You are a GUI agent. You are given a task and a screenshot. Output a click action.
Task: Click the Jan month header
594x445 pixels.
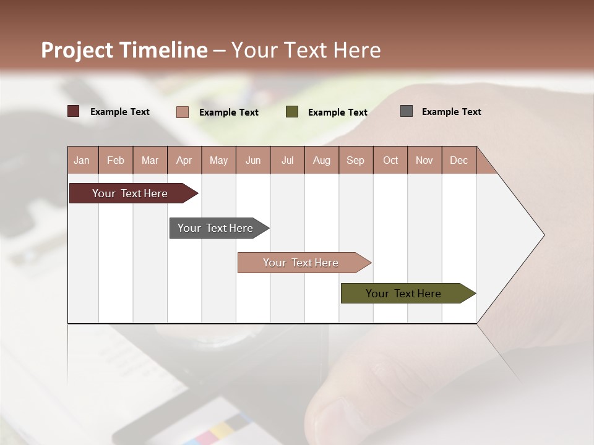(82, 160)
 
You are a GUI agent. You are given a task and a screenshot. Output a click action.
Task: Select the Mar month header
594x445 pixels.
(150, 160)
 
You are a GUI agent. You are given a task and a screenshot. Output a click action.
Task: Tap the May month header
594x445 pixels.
(218, 160)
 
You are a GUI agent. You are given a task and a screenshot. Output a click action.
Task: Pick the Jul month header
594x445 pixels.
(287, 160)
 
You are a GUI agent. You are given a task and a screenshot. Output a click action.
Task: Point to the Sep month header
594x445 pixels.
(355, 160)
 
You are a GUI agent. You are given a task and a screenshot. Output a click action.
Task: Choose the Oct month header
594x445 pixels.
(390, 160)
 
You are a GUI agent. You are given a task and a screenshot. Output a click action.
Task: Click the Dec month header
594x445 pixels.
(458, 160)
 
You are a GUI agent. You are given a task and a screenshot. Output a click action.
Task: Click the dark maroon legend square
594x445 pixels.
(74, 111)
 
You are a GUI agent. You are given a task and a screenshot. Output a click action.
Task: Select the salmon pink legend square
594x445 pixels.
(183, 112)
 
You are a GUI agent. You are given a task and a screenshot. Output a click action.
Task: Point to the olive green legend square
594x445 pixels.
(292, 112)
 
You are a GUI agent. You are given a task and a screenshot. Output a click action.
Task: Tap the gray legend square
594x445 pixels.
(407, 111)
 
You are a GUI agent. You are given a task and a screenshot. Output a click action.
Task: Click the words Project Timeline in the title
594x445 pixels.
(124, 50)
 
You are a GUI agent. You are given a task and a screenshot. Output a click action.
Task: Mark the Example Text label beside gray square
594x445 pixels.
(451, 112)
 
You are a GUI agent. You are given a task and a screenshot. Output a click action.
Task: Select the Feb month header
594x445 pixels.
(116, 160)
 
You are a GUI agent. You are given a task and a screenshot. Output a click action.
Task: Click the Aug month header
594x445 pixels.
(321, 160)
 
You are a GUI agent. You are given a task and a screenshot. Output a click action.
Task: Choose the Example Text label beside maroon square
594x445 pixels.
(120, 112)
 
